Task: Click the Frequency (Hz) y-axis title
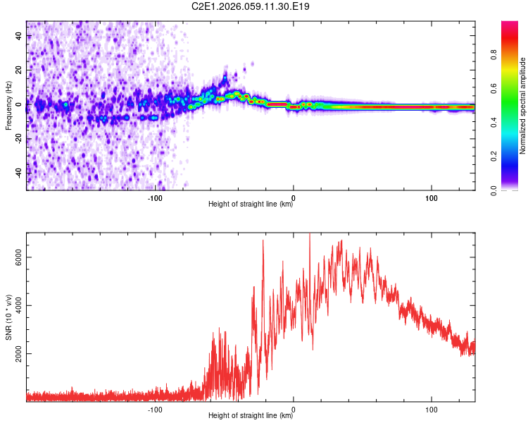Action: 8,106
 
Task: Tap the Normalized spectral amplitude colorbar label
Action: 523,106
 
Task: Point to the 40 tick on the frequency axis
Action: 18,36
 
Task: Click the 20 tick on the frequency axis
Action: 18,70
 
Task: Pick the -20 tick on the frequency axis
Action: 18,138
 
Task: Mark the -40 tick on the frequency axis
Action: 18,172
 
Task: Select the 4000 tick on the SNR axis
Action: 18,305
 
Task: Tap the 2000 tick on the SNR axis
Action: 18,353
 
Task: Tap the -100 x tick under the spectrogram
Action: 156,198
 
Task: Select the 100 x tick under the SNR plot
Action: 432,409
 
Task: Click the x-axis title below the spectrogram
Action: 251,205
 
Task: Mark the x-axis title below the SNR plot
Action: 251,416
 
